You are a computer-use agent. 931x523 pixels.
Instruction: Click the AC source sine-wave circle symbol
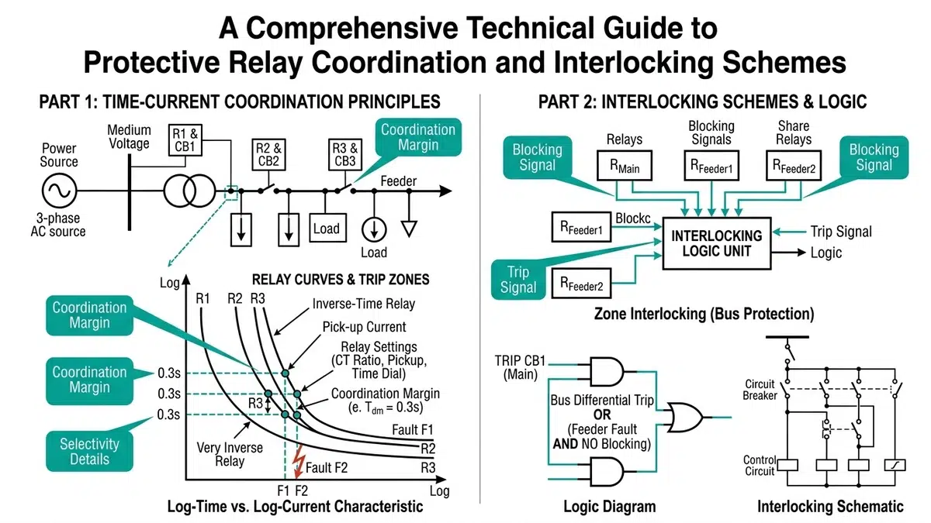coord(60,191)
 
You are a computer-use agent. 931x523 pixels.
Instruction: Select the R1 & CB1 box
coord(185,140)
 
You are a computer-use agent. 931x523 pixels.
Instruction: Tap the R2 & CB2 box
coord(268,154)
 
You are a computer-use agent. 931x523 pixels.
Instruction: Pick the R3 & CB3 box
coord(345,154)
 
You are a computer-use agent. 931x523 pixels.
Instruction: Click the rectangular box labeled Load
coord(328,228)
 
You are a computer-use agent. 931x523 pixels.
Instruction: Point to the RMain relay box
coord(625,166)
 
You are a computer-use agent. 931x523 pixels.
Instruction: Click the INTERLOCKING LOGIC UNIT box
coord(717,243)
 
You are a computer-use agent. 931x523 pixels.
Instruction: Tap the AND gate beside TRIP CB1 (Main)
coord(607,371)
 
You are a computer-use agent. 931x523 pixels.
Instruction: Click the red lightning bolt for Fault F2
coord(299,462)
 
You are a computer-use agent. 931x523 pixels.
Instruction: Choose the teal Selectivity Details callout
coord(89,451)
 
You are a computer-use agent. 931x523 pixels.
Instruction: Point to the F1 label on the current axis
coord(283,490)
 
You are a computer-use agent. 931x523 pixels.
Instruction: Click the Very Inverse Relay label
coord(230,454)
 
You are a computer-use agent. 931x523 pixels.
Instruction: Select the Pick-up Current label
coord(364,327)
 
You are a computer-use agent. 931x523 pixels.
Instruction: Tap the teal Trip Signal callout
coord(518,280)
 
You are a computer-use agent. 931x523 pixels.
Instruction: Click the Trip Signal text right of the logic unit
coord(841,232)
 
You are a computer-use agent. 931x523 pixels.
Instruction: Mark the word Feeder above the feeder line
coord(398,181)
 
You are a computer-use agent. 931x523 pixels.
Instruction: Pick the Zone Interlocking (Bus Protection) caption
coord(704,314)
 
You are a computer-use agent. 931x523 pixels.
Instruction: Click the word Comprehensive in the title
coord(351,28)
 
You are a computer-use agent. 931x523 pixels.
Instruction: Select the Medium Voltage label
coord(129,136)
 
